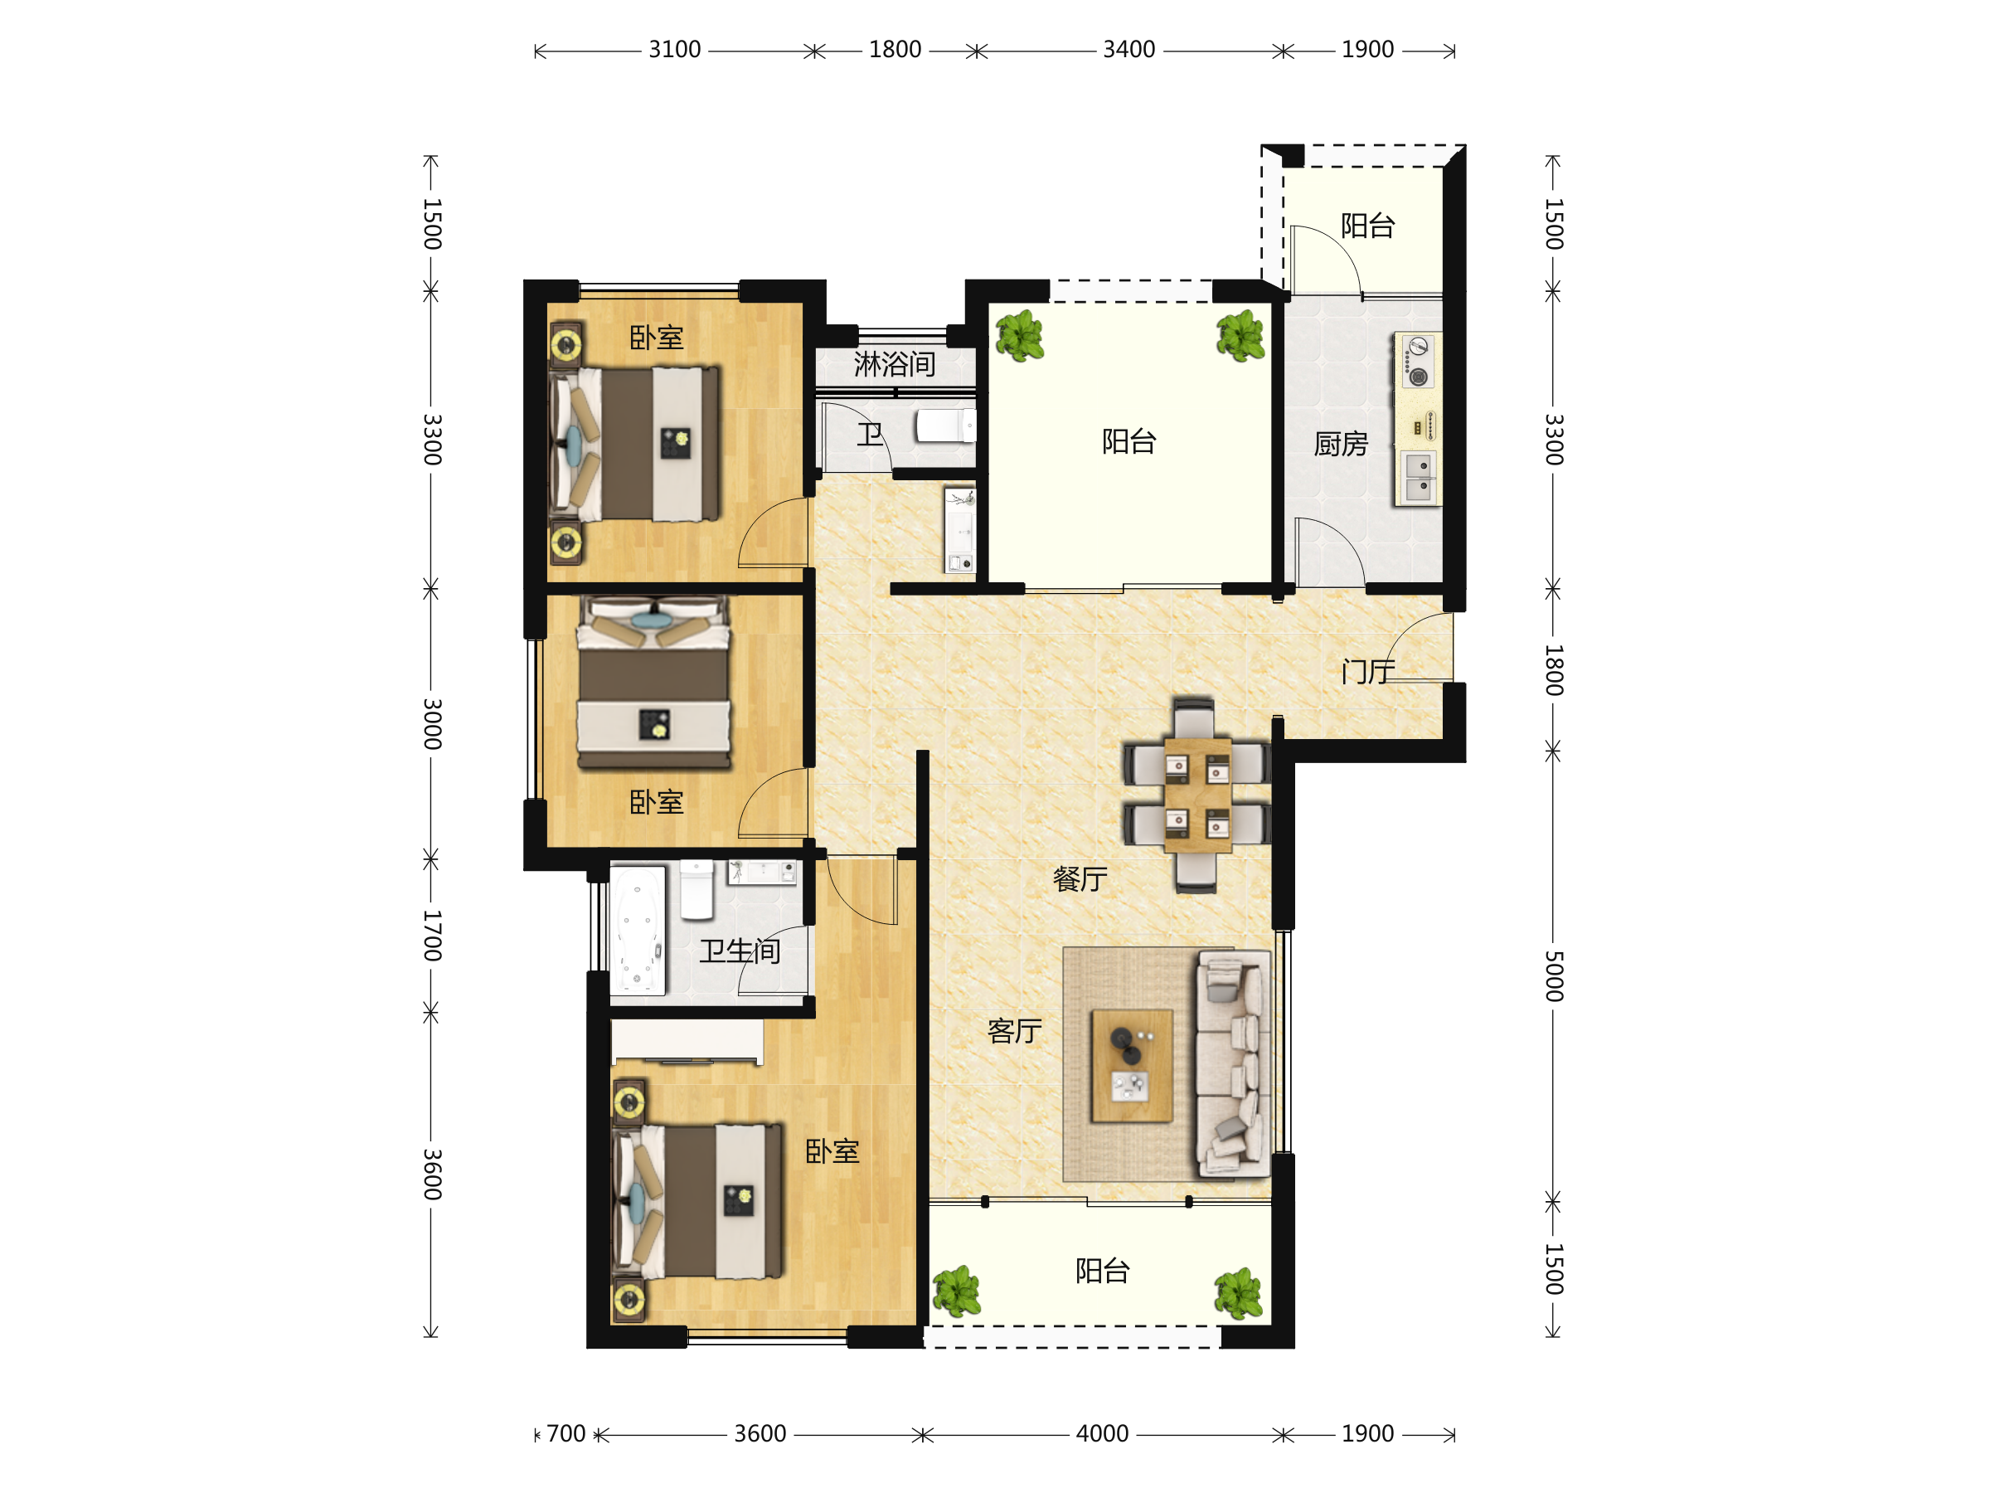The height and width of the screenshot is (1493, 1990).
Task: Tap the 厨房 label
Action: [1341, 444]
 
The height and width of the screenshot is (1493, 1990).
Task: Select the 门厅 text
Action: [1367, 671]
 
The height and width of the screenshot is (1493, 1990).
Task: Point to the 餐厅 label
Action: [1080, 879]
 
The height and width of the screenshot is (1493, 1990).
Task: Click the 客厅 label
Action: [1014, 1031]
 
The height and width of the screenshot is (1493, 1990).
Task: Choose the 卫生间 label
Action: [740, 951]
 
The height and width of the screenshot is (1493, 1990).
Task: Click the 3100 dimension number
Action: [675, 50]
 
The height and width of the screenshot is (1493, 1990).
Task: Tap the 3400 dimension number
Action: [1129, 50]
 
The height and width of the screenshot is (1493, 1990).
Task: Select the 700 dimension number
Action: [565, 1433]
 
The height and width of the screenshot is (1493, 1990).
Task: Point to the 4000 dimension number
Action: [1102, 1433]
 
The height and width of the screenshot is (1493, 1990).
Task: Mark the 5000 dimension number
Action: [1554, 976]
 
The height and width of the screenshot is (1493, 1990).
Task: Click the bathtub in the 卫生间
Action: [638, 931]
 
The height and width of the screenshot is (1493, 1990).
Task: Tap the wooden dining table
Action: [1196, 795]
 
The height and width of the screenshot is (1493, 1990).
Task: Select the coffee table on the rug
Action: [1132, 1066]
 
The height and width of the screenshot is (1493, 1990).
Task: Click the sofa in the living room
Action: [1232, 1063]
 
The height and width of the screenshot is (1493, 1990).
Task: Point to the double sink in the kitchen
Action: [1419, 477]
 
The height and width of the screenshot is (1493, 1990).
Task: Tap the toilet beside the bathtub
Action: [696, 890]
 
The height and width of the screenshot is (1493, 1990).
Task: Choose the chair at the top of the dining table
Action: [1194, 717]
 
